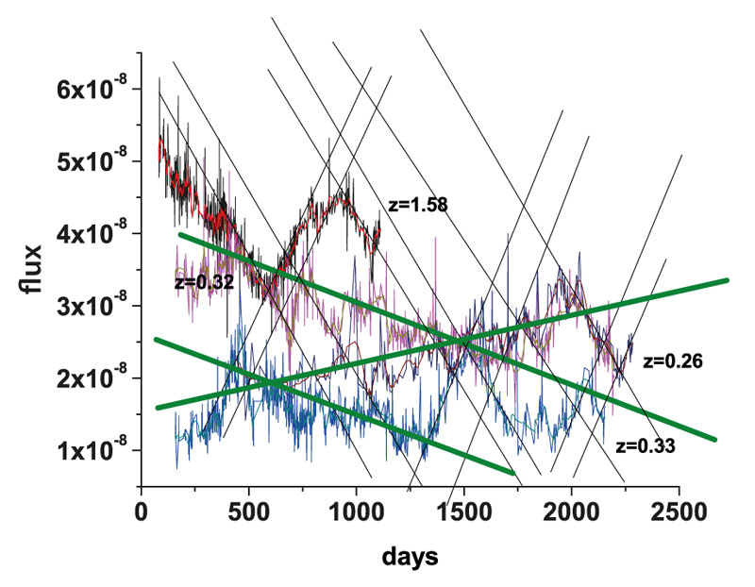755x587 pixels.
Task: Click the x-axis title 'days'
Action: (x=410, y=557)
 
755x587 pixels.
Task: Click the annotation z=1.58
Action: (x=417, y=204)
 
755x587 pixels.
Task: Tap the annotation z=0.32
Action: (x=205, y=282)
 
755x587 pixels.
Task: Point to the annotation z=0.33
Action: (x=645, y=445)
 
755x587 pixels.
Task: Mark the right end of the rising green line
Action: (x=728, y=279)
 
